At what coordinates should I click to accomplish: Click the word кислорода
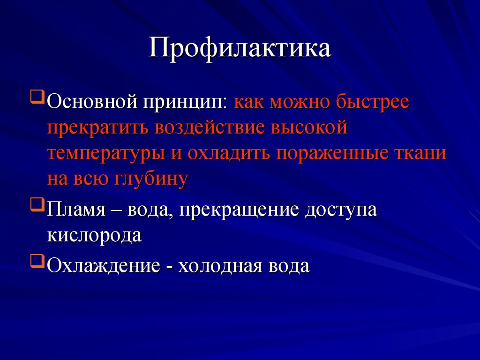click(94, 235)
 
